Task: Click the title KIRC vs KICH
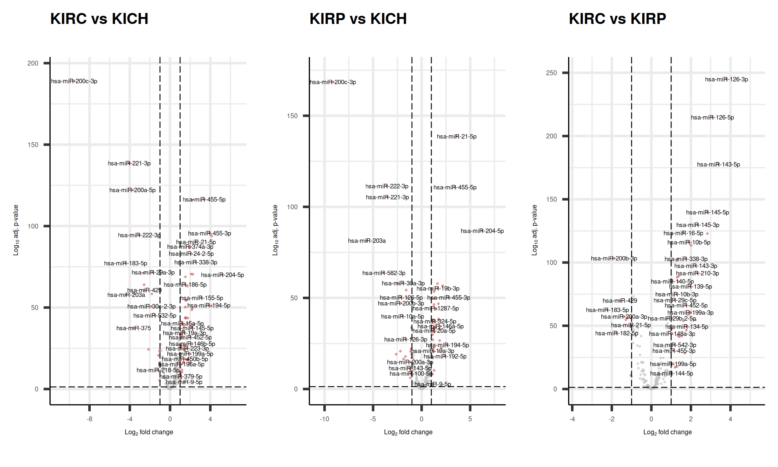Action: click(x=99, y=19)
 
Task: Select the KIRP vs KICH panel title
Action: click(x=358, y=19)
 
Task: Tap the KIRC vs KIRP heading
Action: click(x=617, y=19)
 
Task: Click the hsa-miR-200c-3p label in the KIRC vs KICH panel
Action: click(x=74, y=81)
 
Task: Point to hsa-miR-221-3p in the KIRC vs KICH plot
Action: click(x=129, y=163)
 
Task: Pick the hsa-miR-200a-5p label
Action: click(x=132, y=190)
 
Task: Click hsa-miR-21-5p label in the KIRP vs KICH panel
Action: click(x=456, y=137)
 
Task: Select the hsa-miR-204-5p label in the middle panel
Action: click(x=482, y=231)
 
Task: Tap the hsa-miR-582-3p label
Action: click(x=384, y=273)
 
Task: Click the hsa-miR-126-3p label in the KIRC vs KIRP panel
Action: click(x=726, y=79)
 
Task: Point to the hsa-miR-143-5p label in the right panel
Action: click(x=718, y=165)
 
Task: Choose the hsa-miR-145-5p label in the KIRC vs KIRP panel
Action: click(x=707, y=212)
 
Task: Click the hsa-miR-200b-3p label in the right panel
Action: click(x=613, y=259)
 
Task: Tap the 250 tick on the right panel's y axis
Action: click(x=551, y=73)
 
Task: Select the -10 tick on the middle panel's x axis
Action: click(x=324, y=419)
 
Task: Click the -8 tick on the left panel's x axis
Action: click(x=89, y=419)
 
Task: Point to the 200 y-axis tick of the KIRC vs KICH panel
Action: click(x=33, y=63)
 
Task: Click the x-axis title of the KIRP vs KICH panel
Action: click(x=408, y=432)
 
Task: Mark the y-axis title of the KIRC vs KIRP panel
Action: click(x=534, y=230)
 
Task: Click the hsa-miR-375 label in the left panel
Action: click(x=133, y=328)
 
